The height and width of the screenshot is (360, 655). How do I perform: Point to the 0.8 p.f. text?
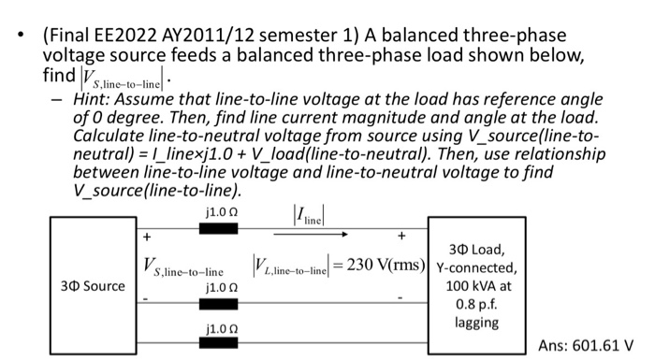pyautogui.click(x=478, y=304)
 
